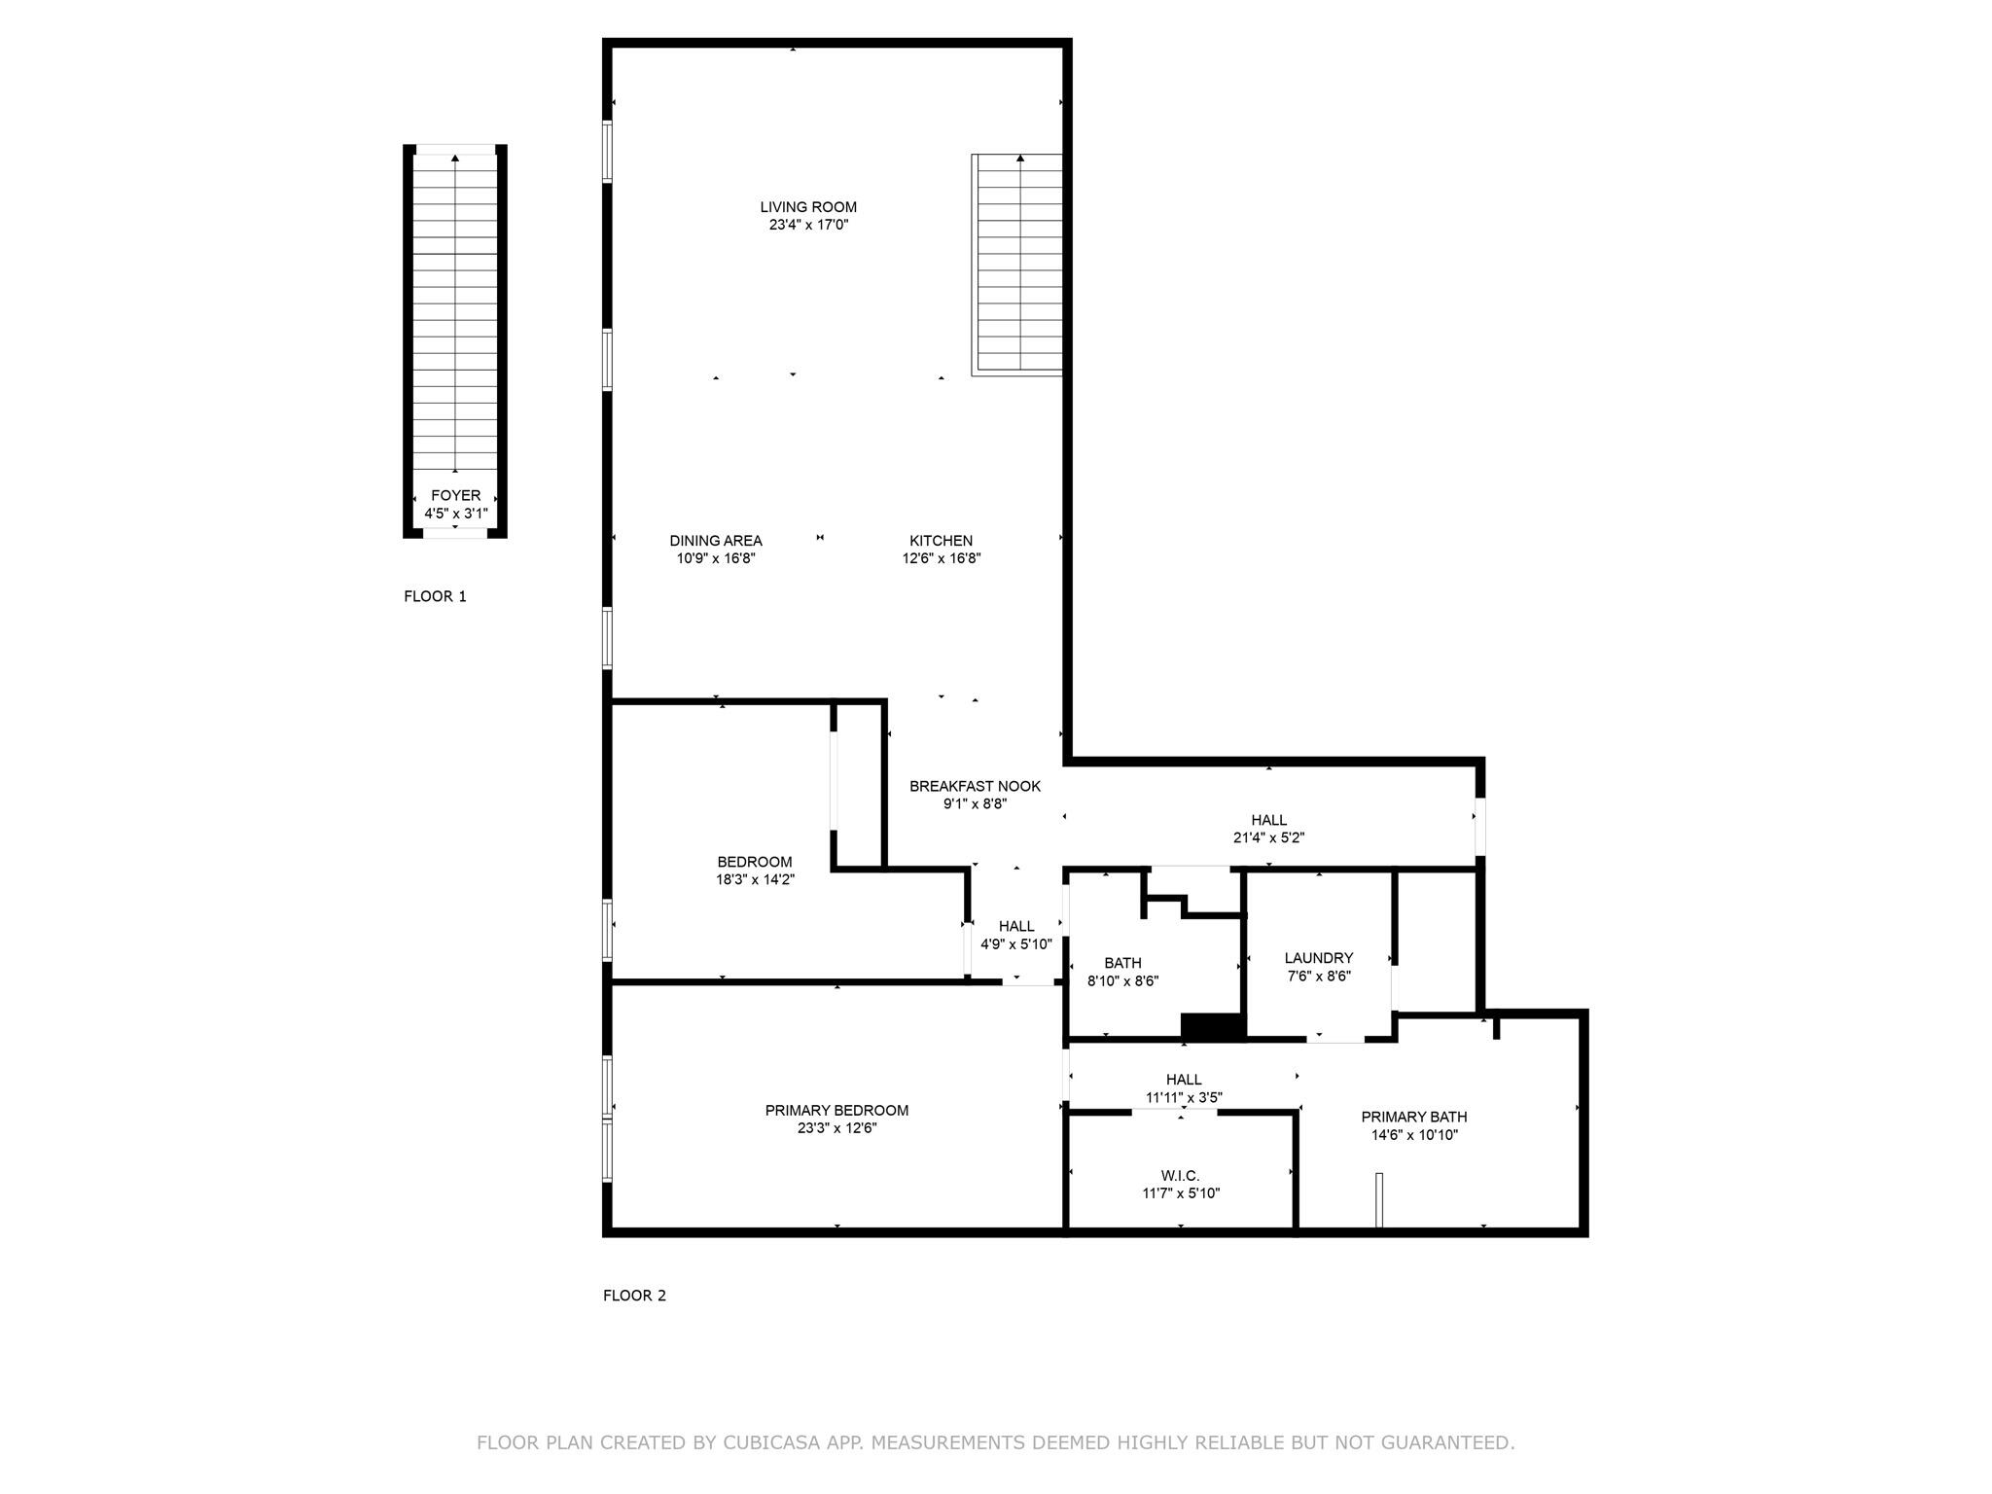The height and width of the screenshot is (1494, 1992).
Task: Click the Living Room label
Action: (x=808, y=207)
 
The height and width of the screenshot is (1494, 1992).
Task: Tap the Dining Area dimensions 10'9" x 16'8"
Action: (x=716, y=558)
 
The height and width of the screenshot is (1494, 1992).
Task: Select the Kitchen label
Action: (x=941, y=541)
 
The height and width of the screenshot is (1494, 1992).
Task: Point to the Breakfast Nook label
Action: (x=975, y=786)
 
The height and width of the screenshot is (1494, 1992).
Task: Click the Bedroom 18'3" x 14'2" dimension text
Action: (x=755, y=879)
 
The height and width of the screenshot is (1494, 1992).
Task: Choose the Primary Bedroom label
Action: (x=836, y=1111)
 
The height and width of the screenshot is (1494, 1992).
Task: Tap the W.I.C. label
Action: (x=1180, y=1176)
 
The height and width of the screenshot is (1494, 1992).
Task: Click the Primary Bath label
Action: (x=1414, y=1117)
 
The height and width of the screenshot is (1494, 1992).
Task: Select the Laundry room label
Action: (x=1318, y=958)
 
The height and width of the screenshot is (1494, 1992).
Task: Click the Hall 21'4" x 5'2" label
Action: (x=1268, y=829)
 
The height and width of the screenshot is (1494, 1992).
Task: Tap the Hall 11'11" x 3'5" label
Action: (x=1184, y=1088)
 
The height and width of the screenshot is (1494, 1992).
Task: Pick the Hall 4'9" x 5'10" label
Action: (x=1016, y=935)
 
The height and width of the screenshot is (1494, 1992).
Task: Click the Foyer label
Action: (x=455, y=496)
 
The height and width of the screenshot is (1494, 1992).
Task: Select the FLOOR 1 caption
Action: (x=435, y=596)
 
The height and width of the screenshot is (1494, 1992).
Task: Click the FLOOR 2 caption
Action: (x=634, y=1296)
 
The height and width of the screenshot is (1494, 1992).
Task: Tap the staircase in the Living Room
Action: (x=1017, y=264)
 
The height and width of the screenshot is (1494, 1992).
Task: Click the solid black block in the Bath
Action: (x=1213, y=1027)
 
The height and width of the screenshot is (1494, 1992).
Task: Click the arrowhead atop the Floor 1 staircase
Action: (x=455, y=158)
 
